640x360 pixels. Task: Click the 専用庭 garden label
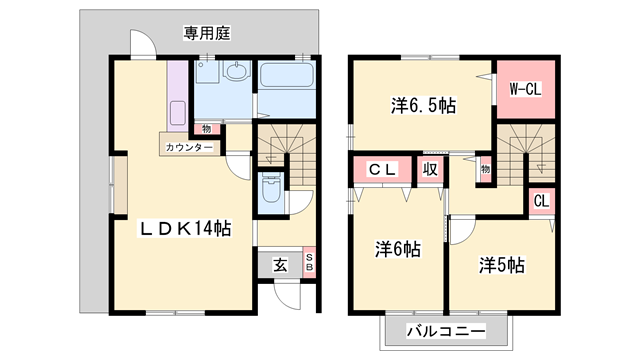click(x=207, y=33)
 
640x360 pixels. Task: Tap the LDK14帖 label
click(x=185, y=229)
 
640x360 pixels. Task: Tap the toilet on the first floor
click(x=270, y=190)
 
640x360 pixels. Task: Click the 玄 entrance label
click(x=280, y=265)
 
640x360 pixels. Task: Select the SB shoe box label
click(x=309, y=263)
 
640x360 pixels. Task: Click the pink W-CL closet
click(x=525, y=89)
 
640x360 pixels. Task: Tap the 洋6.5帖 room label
click(x=423, y=104)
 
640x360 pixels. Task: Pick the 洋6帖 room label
click(x=397, y=249)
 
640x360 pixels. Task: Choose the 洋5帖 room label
click(x=501, y=265)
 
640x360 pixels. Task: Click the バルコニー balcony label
click(x=446, y=331)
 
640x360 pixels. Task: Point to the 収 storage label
click(x=430, y=170)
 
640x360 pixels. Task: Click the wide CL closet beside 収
click(x=383, y=170)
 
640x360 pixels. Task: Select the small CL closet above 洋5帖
click(x=541, y=200)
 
